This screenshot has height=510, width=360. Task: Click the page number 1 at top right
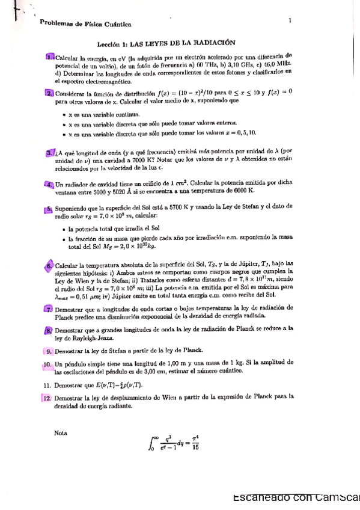pyautogui.click(x=290, y=20)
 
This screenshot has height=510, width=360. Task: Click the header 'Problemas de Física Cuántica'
pyautogui.click(x=85, y=23)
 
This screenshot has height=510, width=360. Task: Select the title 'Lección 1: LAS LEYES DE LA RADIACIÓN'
pyautogui.click(x=166, y=43)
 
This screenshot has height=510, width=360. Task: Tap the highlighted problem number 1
pyautogui.click(x=49, y=56)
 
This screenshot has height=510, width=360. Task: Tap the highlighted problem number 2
pyautogui.click(x=49, y=93)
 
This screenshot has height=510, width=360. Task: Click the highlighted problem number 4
pyautogui.click(x=49, y=183)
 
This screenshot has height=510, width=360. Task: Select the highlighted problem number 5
pyautogui.click(x=49, y=209)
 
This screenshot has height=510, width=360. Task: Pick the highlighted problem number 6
pyautogui.click(x=49, y=265)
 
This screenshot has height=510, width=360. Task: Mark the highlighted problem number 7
pyautogui.click(x=49, y=309)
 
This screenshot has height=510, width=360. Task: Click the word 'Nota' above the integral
pyautogui.click(x=61, y=432)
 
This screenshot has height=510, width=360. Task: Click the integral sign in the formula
pyautogui.click(x=150, y=444)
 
